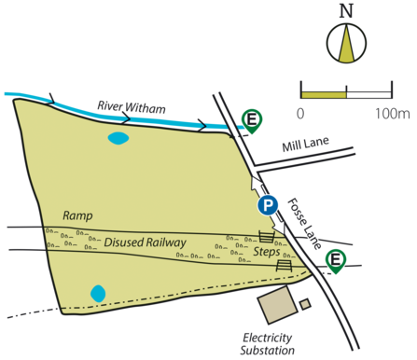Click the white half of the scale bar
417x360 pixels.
pos(368,93)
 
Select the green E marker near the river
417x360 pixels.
pos(251,118)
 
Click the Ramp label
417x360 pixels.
pos(77,215)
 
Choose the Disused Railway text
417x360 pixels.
pos(145,242)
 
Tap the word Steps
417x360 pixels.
pos(267,252)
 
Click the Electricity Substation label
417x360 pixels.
pos(268,341)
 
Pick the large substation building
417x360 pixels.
pos(275,305)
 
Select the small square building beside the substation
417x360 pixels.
pos(305,303)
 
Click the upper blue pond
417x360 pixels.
pos(118,139)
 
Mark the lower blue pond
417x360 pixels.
pos(98,293)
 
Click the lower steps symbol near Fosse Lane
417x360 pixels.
pos(285,267)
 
